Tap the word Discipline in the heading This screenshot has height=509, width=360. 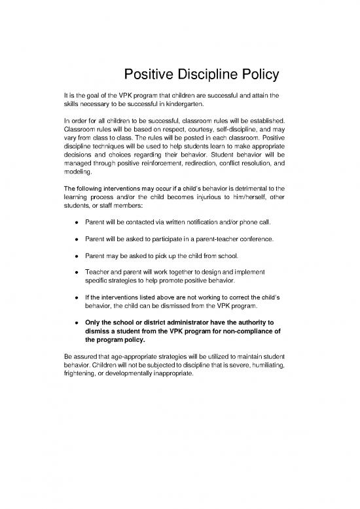pos(190,73)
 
